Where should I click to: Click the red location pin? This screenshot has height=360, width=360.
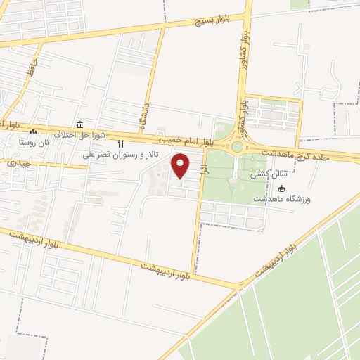coord(181,165)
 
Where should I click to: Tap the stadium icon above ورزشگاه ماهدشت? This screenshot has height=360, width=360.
coord(283,188)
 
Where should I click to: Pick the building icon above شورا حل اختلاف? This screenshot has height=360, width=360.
coord(79,124)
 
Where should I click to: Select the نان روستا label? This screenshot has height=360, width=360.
coord(36,143)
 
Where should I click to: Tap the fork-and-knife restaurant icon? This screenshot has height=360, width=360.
coord(120,143)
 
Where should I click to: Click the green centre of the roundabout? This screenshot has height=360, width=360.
coord(237,147)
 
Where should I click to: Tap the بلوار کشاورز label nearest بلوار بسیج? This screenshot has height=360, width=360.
coord(243,43)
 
